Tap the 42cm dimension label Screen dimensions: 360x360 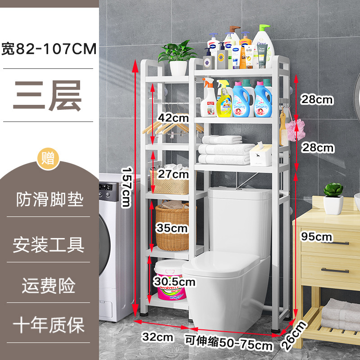(173, 118)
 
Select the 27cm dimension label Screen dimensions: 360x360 (174, 174)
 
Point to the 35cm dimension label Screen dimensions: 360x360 (172, 228)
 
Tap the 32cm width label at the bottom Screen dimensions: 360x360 (158, 336)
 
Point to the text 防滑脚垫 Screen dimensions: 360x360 (49, 199)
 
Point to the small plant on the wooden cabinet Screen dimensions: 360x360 (333, 198)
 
